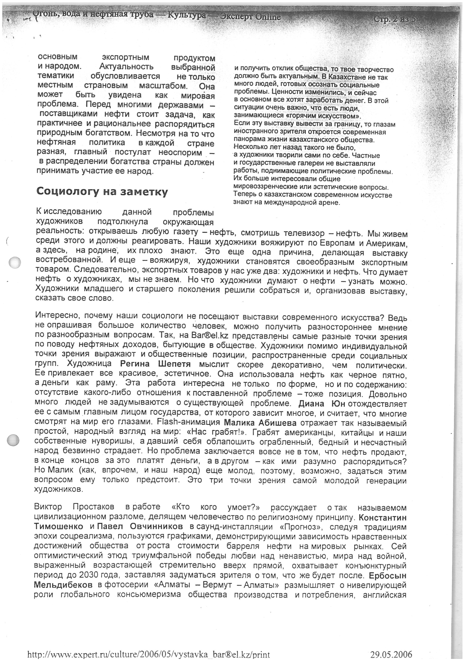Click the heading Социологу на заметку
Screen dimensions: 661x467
point(102,192)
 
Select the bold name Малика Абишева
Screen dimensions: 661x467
point(260,423)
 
